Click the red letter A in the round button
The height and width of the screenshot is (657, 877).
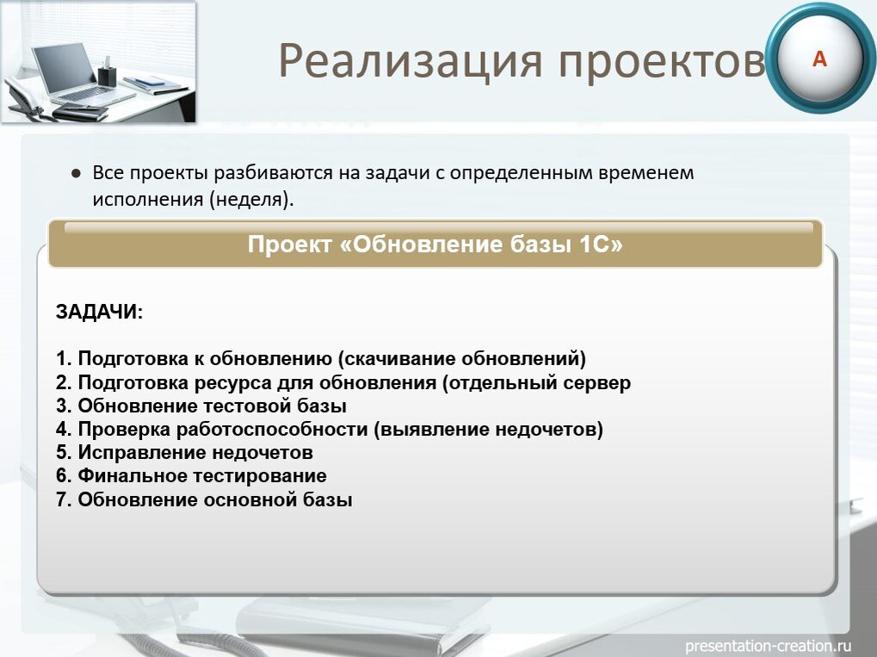819,59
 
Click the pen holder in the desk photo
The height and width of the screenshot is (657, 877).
107,74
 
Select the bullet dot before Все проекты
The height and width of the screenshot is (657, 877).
76,173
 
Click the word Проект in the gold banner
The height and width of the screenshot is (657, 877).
289,245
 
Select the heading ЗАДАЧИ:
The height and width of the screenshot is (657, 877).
100,312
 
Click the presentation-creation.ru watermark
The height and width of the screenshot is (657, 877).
768,645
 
